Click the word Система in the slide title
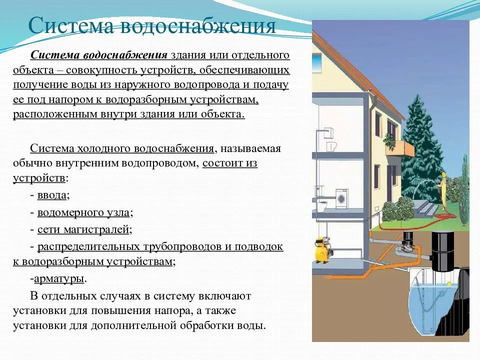70,25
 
